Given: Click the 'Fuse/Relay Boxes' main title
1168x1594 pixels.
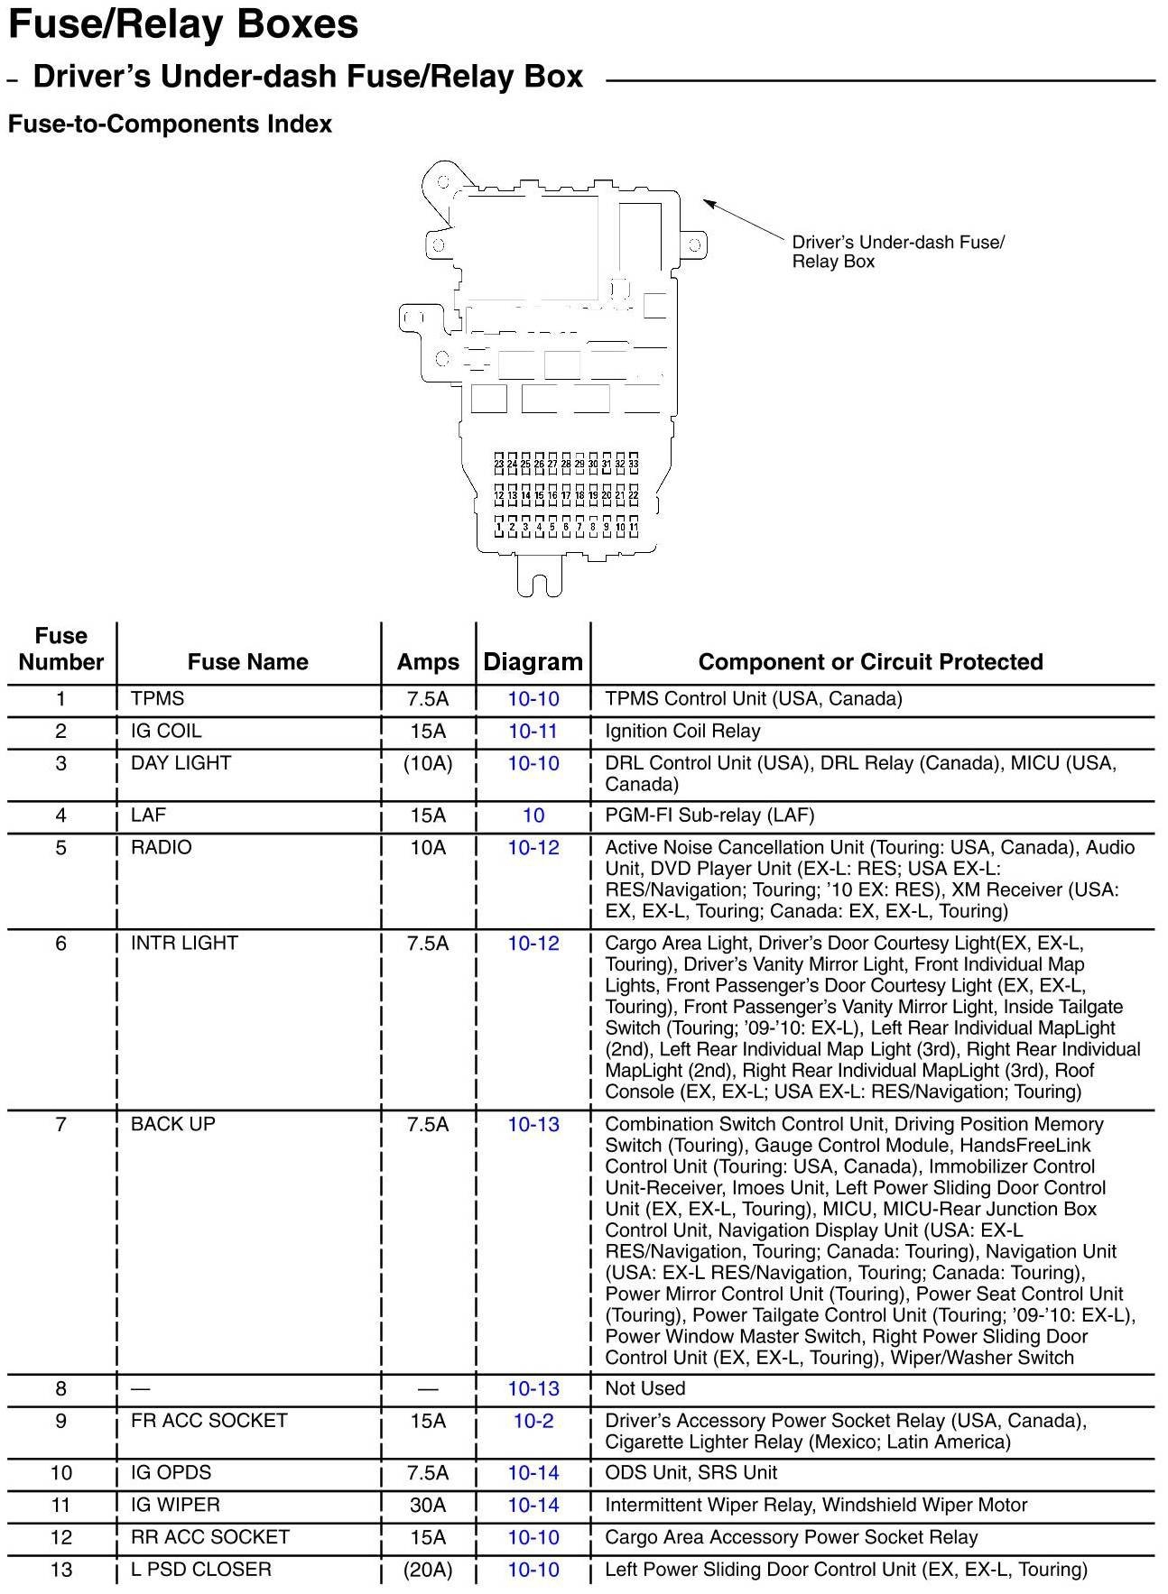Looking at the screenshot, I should coord(183,24).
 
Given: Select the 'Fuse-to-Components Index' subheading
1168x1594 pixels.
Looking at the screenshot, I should coord(170,124).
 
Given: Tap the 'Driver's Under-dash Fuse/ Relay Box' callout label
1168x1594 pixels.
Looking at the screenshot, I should coord(897,252).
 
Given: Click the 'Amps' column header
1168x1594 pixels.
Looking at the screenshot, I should coord(428,662).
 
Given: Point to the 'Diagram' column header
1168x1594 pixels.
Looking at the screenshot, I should coord(533,662).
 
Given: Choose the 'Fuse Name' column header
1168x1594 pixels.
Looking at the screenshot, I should coord(247,662).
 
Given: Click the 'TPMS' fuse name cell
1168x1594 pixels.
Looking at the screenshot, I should coord(157,698).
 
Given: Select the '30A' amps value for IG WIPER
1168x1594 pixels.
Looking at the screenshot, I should coord(428,1505).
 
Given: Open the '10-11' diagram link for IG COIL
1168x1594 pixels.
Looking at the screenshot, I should coord(533,731).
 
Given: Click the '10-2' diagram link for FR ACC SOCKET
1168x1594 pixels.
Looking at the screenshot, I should coord(533,1421).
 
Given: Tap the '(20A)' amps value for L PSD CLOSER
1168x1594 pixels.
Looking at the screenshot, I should coord(428,1570).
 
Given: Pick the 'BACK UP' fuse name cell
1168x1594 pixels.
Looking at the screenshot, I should coord(173,1124).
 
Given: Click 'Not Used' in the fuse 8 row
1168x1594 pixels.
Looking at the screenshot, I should coord(644,1388).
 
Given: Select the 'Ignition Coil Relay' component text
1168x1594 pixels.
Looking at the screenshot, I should coord(682,731).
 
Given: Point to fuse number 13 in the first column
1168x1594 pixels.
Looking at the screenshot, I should coord(60,1570).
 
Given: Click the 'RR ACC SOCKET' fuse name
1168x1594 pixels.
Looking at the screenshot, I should coord(210,1537).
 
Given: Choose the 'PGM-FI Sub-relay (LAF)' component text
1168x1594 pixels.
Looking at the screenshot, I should coord(709,815).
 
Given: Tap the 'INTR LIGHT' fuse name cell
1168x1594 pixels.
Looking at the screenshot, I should coord(184,944).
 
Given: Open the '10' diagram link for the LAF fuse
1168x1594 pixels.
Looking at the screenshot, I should coord(533,815).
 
